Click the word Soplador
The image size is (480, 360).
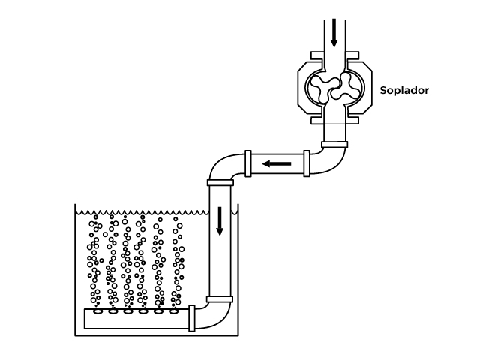(404, 90)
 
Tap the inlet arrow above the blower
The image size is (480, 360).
(334, 31)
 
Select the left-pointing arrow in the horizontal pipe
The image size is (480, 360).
(277, 163)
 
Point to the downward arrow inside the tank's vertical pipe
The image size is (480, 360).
(220, 220)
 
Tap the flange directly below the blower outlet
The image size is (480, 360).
(334, 143)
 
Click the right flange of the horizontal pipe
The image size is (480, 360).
(306, 163)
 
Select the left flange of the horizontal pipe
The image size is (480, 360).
(247, 163)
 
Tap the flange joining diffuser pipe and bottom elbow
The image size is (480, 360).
(192, 318)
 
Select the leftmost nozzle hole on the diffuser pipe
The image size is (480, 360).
(97, 311)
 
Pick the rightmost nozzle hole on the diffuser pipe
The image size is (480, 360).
(175, 311)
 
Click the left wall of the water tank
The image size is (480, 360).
(75, 270)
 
